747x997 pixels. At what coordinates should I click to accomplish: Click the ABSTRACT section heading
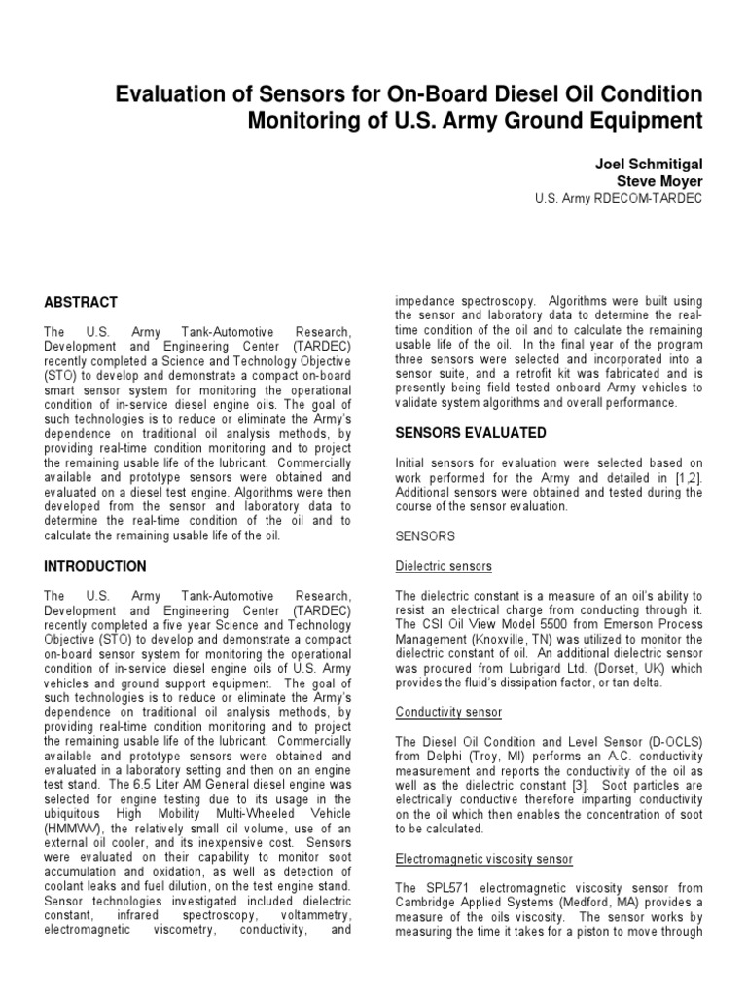point(82,302)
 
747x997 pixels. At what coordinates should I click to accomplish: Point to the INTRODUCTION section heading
point(95,566)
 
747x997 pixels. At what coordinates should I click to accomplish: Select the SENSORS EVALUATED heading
point(471,432)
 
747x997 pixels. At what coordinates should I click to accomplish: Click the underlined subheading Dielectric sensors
point(444,566)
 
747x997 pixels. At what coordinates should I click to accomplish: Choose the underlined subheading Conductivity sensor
point(448,712)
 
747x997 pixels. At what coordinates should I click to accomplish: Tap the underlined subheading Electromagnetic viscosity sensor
point(484,858)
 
